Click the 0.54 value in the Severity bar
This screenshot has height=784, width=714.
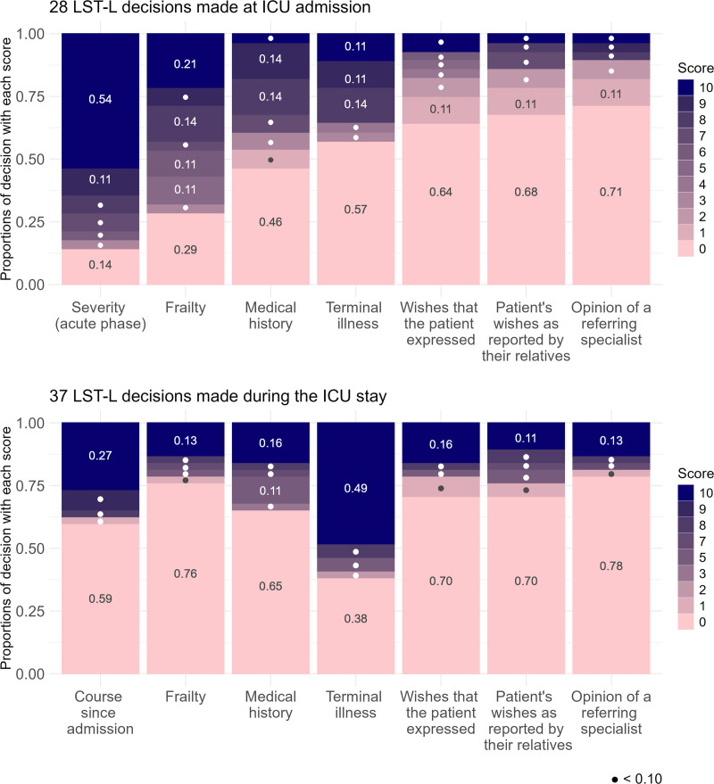99,100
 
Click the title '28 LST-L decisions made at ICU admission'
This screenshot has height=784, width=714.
187,9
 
